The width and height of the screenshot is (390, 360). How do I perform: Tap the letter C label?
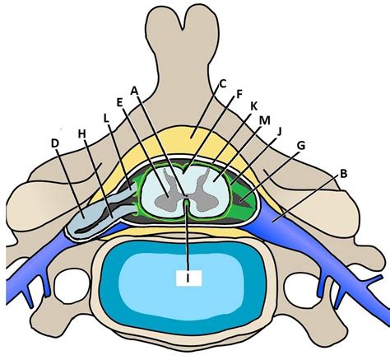(221, 83)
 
